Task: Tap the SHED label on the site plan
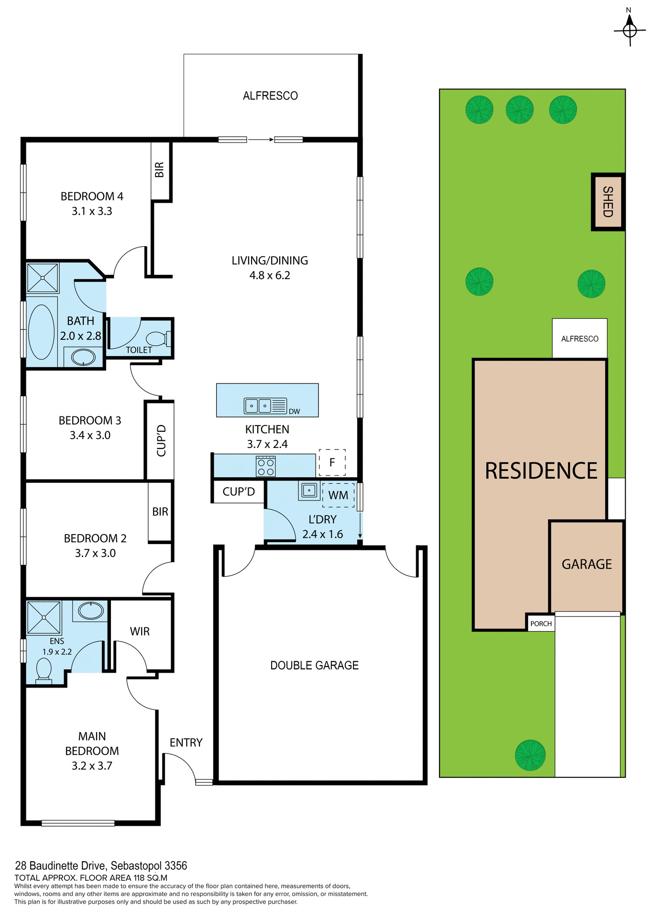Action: [x=608, y=202]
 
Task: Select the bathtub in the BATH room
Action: [x=42, y=332]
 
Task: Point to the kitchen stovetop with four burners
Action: [x=266, y=466]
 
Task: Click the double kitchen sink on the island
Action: [x=258, y=406]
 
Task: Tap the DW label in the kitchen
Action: [x=294, y=412]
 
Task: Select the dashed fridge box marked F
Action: [x=332, y=462]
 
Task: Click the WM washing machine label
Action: [x=338, y=495]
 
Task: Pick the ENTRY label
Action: [x=186, y=743]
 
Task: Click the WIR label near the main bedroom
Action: [x=140, y=632]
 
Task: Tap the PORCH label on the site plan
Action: [x=541, y=624]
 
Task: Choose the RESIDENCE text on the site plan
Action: [x=541, y=471]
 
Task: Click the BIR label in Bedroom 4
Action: [x=160, y=170]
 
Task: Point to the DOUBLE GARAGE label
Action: [x=314, y=666]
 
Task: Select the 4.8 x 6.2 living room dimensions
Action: [x=270, y=275]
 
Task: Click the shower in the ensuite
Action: [x=44, y=617]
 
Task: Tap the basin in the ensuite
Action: [x=90, y=611]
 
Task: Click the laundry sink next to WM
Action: [x=309, y=490]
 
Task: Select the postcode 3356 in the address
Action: [x=176, y=866]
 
